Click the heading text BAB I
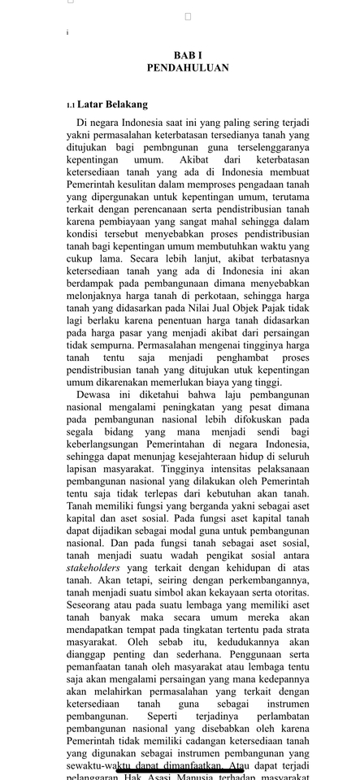pos(188,54)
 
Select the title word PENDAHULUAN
pos(188,68)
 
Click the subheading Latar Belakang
pos(113,105)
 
